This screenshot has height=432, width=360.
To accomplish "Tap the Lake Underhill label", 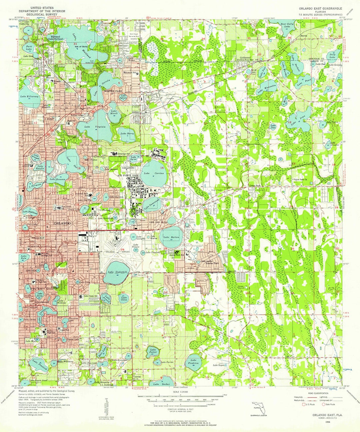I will pyautogui.click(x=118, y=272).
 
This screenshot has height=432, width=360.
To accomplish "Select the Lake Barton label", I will pyautogui.click(x=171, y=237).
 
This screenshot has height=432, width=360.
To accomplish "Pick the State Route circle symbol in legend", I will pyautogui.click(x=323, y=404).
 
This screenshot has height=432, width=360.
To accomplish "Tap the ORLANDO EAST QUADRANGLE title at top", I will pyautogui.click(x=319, y=8).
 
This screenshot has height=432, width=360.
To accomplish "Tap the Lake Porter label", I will pyautogui.click(x=153, y=350).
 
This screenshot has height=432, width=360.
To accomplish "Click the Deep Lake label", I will pyautogui.click(x=332, y=55).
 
